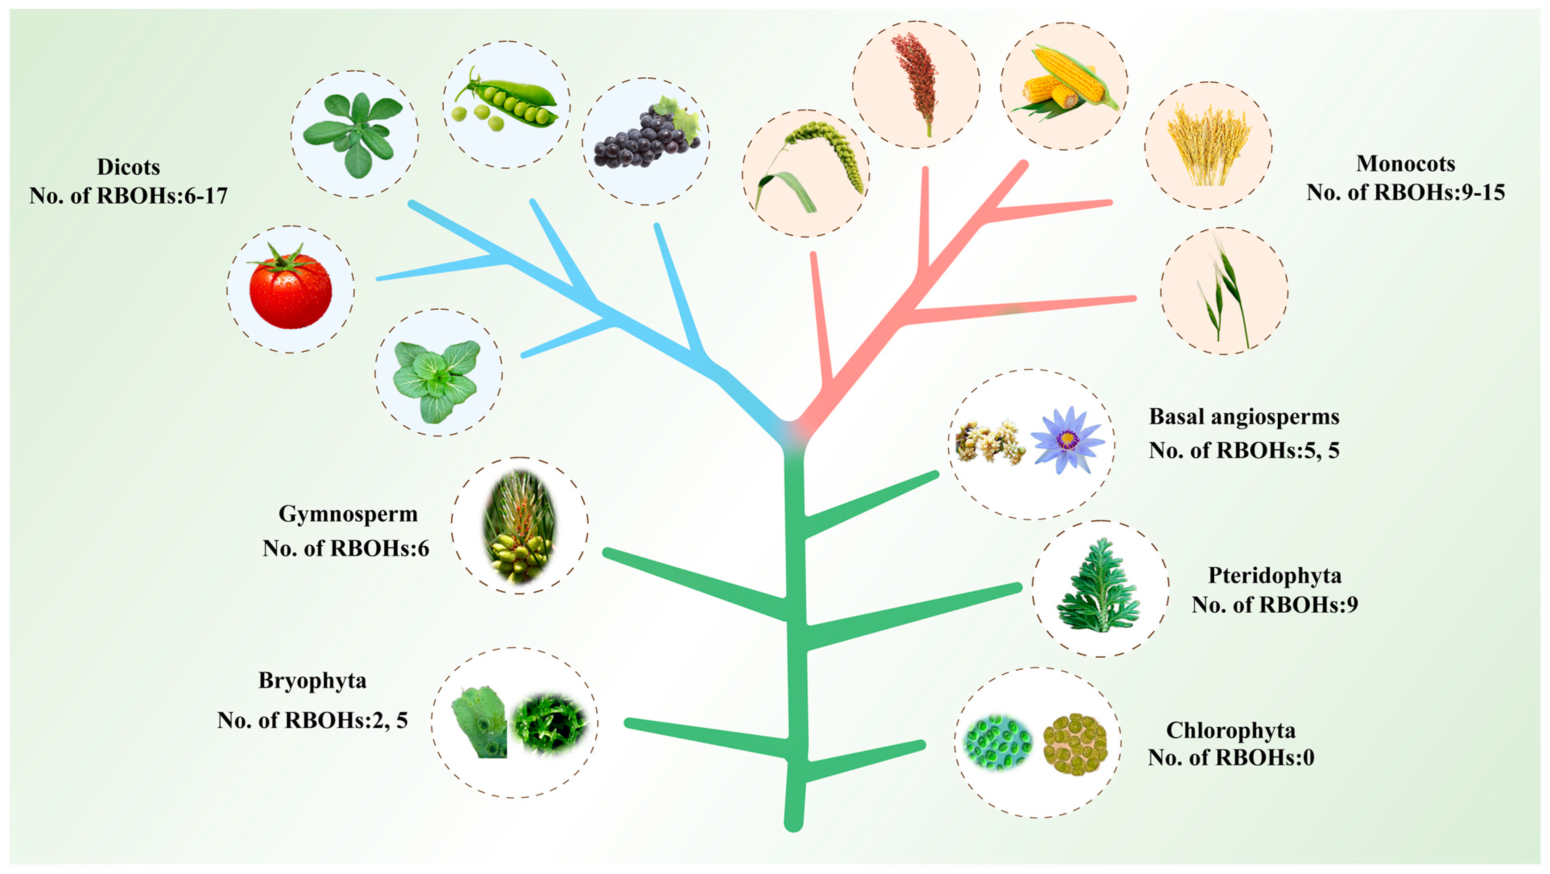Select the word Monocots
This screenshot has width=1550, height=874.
click(1405, 163)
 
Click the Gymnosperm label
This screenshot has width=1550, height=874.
click(348, 514)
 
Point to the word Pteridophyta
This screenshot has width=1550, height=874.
click(1274, 576)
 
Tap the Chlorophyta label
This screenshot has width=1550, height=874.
click(1231, 730)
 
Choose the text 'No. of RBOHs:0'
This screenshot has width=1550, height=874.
click(1231, 757)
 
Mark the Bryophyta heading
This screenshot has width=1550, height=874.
click(312, 680)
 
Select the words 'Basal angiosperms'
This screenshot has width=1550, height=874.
click(1244, 416)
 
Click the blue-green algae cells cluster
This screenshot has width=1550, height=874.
click(998, 742)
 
